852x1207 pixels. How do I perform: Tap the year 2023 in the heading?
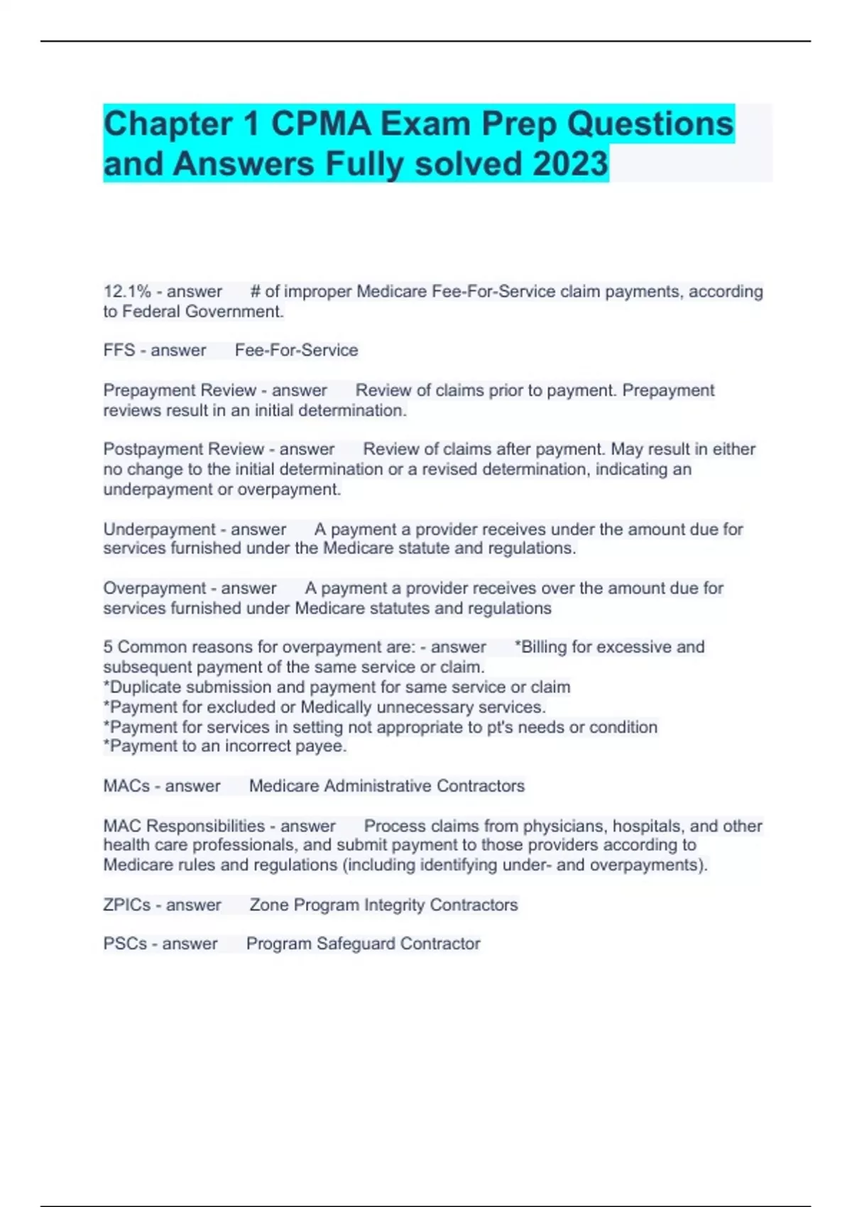pyautogui.click(x=570, y=164)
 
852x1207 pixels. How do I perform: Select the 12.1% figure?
pyautogui.click(x=127, y=292)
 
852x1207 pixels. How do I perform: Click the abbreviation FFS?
pyautogui.click(x=119, y=351)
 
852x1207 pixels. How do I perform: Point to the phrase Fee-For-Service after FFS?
pyautogui.click(x=296, y=351)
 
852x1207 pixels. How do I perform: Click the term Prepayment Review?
pyautogui.click(x=180, y=390)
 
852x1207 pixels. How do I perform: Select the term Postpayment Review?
pyautogui.click(x=183, y=449)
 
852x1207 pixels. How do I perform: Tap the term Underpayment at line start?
pyautogui.click(x=159, y=530)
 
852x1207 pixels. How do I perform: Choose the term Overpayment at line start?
pyautogui.click(x=154, y=589)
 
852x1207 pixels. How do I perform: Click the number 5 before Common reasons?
pyautogui.click(x=108, y=648)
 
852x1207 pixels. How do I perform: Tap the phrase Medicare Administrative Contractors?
pyautogui.click(x=386, y=787)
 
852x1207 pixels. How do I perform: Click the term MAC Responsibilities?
pyautogui.click(x=184, y=826)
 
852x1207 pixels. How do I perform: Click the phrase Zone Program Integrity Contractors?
pyautogui.click(x=383, y=905)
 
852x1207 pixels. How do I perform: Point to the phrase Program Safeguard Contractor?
pyautogui.click(x=363, y=944)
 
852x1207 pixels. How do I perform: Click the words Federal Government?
pyautogui.click(x=202, y=312)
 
